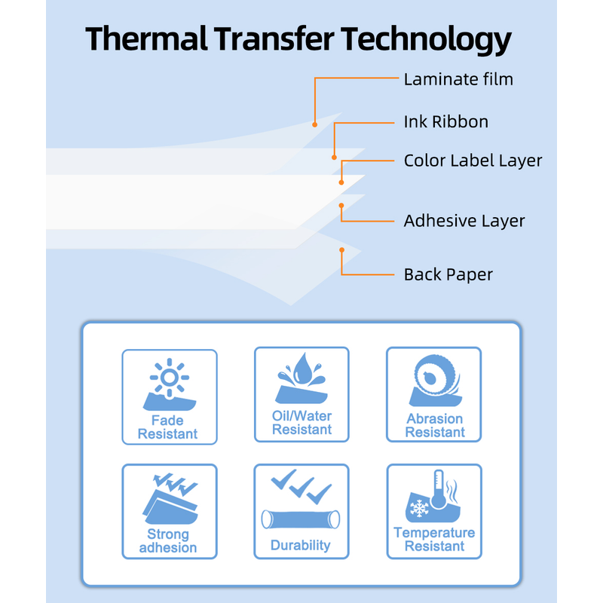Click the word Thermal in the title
point(146,38)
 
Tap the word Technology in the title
point(426,40)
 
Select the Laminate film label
point(458,79)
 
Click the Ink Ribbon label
point(446,121)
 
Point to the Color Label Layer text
point(473,161)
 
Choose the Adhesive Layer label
point(464,221)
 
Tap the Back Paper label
point(448,274)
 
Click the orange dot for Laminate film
point(314,124)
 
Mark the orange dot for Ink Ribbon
point(334,158)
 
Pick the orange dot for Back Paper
point(341,250)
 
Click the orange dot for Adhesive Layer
point(341,206)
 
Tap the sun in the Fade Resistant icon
point(169,378)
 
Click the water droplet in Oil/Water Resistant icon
point(303,369)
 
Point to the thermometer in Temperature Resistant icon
point(439,489)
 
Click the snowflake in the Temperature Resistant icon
point(419,508)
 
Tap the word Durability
point(300,545)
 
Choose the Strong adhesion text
point(168,540)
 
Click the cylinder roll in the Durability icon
point(301,519)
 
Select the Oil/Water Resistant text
point(302,423)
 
